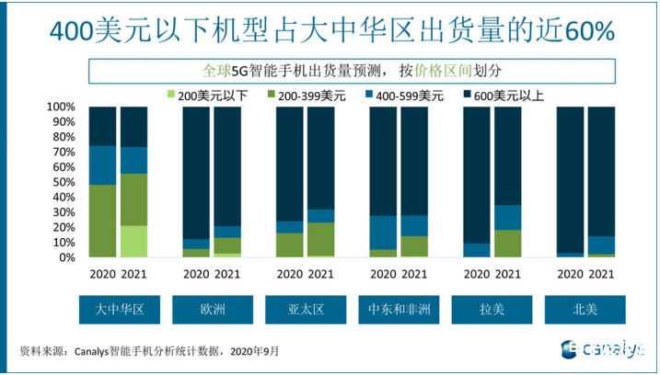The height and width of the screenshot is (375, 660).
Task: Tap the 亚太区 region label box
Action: [x=305, y=308]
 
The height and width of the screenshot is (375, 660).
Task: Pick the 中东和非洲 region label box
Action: [x=399, y=308]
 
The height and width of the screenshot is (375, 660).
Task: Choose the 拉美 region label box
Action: [x=492, y=308]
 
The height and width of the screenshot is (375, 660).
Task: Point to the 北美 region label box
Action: [x=585, y=308]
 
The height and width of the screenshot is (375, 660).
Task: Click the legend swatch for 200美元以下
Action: [x=170, y=95]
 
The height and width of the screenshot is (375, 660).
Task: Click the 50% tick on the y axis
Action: [x=64, y=183]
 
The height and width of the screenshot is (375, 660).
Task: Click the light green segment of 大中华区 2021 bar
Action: [x=133, y=242]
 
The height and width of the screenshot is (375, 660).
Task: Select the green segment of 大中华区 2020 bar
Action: [x=103, y=222]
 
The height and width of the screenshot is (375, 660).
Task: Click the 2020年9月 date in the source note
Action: [x=254, y=350]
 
